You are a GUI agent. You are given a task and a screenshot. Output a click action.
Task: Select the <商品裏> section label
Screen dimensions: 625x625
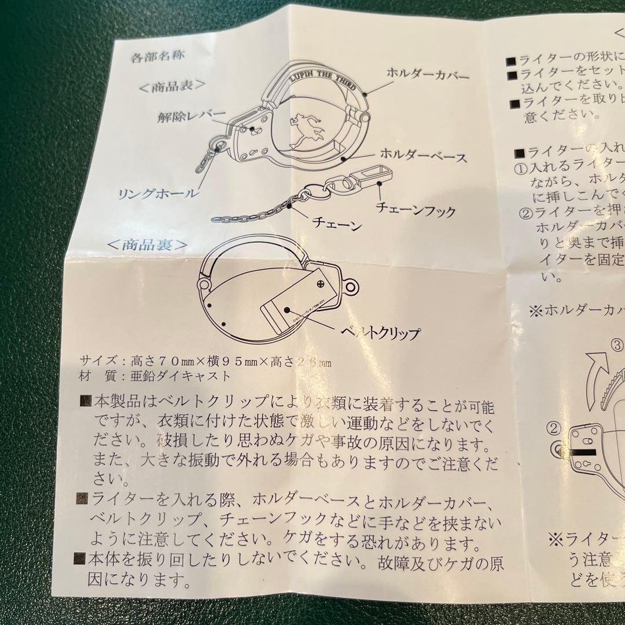coord(148,245)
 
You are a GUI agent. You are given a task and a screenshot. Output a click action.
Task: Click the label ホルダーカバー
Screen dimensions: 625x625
coord(428,75)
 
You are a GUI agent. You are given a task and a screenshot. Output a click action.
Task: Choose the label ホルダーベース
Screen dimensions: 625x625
coord(423,156)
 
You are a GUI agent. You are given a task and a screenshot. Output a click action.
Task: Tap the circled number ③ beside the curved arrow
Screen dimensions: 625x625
coord(617,347)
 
